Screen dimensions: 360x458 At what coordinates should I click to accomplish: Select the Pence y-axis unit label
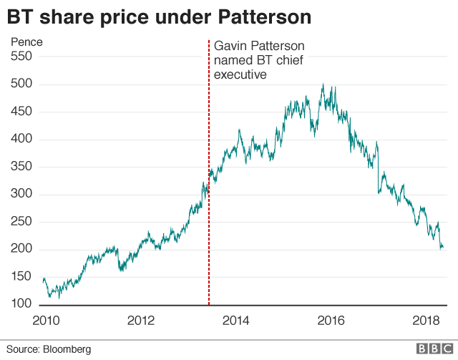pos(26,42)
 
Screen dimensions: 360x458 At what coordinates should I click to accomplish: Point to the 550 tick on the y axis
pos(21,57)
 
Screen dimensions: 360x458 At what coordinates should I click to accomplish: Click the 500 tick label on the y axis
pos(21,85)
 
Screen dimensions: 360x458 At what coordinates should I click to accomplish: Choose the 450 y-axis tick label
pos(21,112)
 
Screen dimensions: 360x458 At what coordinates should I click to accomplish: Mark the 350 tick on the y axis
pos(21,167)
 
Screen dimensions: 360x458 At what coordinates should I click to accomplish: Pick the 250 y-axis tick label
pos(21,223)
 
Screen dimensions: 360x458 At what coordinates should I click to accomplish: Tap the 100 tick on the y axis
pos(21,305)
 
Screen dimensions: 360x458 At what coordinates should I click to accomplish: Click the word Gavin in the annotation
pos(230,45)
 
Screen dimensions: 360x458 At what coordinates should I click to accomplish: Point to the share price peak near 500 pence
pos(323,85)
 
